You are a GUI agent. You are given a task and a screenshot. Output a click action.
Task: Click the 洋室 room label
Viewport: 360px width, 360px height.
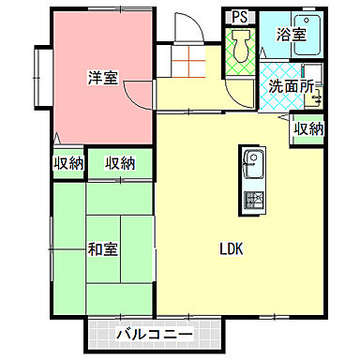tap(102, 77)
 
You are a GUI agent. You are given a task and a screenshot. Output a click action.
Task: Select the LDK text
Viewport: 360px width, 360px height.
tap(232, 249)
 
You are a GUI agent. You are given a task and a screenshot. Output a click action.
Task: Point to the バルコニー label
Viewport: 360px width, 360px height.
tap(155, 335)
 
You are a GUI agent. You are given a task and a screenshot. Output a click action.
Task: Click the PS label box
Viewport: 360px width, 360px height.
tap(239, 16)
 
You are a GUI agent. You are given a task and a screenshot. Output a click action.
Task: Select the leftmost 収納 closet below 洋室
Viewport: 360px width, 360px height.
tap(67, 163)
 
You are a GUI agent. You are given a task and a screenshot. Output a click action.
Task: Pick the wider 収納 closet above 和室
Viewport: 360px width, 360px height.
tap(120, 163)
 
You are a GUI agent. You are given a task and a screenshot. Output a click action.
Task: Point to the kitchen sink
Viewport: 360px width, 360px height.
tap(253, 167)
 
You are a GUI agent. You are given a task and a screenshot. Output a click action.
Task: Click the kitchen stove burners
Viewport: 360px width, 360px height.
tap(253, 200)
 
